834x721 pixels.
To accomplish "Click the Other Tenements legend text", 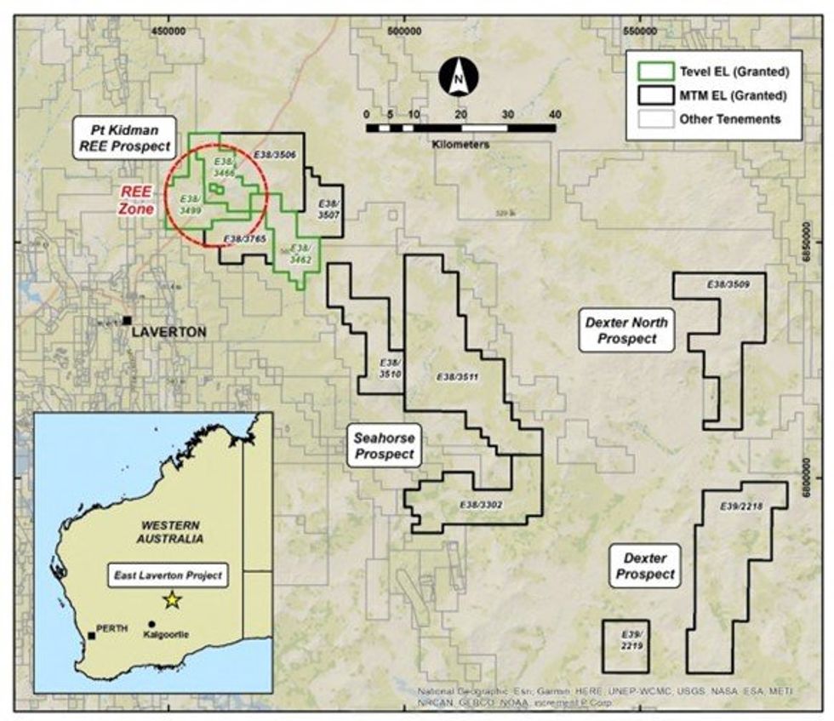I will coord(729,119).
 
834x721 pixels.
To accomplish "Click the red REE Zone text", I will coord(134,199).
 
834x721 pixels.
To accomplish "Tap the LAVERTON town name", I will coord(169,332).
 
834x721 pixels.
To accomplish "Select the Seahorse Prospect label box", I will coord(385,446).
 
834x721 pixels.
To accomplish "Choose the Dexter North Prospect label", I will coord(626,330).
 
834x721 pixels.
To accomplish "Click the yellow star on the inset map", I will coord(173,599).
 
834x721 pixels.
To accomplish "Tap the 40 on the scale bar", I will coord(556,115).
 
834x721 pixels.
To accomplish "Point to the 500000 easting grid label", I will coord(404,31).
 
